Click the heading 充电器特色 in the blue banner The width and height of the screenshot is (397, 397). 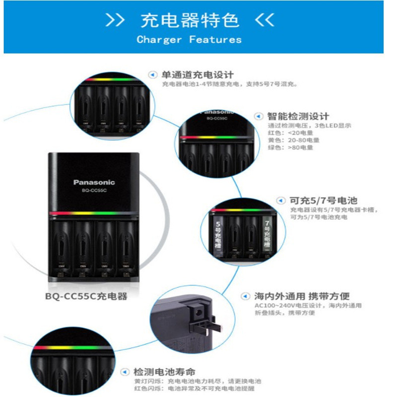pyautogui.click(x=190, y=20)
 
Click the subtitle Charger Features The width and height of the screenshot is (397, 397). pyautogui.click(x=189, y=39)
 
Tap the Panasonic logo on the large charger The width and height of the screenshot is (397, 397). pyautogui.click(x=94, y=182)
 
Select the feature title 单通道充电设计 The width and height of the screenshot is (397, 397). pyautogui.click(x=197, y=75)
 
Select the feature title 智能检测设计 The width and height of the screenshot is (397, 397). pyautogui.click(x=298, y=116)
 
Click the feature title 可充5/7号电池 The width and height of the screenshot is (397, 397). pyautogui.click(x=323, y=201)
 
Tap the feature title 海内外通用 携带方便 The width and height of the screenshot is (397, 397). pyautogui.click(x=302, y=296)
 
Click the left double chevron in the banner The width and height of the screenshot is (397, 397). pyautogui.click(x=116, y=20)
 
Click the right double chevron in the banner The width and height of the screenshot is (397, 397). pyautogui.click(x=264, y=20)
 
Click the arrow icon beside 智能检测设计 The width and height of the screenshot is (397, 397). pyautogui.click(x=258, y=116)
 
